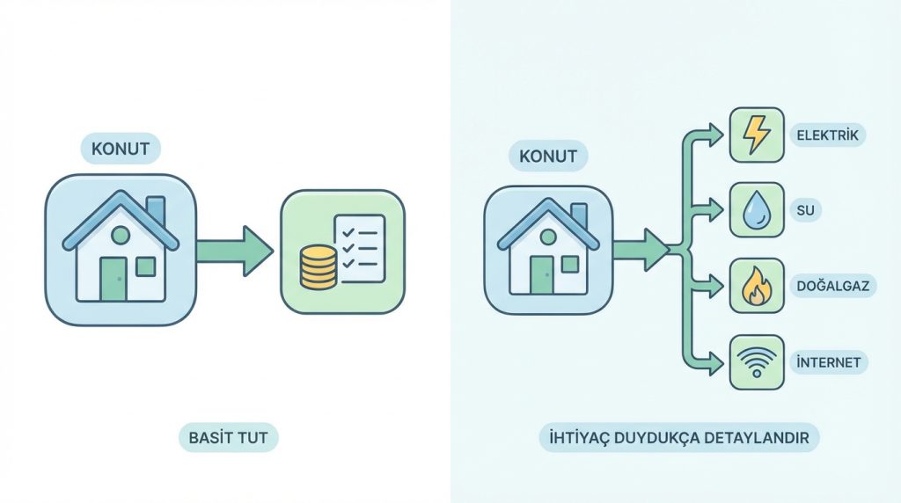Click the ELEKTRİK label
[827, 135]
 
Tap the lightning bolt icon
[756, 135]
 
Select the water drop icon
[757, 209]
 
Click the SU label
[805, 210]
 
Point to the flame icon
[757, 286]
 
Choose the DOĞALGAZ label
[832, 286]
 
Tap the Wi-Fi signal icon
[757, 362]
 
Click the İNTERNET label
[829, 362]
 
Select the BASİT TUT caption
[228, 438]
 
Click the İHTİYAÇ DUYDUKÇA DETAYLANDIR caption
[678, 438]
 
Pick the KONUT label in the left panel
[121, 149]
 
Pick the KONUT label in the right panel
[547, 157]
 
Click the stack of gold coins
[318, 267]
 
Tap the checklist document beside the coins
[360, 249]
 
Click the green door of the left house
[114, 279]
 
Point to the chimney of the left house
[156, 210]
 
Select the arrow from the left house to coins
[234, 251]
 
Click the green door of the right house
[541, 275]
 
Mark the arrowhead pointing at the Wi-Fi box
[715, 363]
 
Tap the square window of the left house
[145, 266]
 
